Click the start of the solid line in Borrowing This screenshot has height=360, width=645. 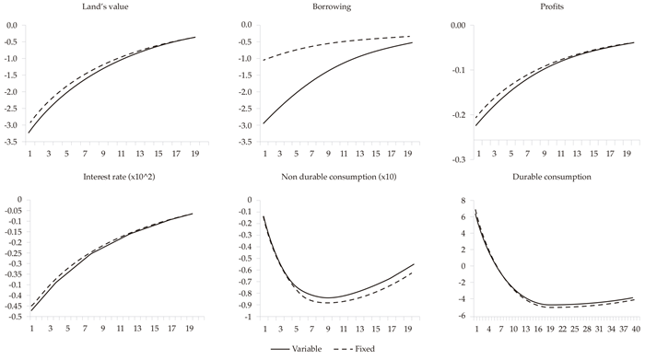point(248,123)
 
